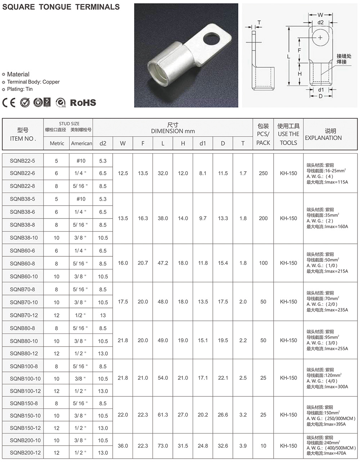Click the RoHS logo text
(x=83, y=103)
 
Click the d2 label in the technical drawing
(x=320, y=22)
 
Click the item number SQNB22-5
(x=22, y=161)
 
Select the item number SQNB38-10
(x=24, y=238)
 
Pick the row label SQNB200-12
(x=25, y=453)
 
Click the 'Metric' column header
(x=57, y=143)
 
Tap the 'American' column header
(x=81, y=143)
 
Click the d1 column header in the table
(x=203, y=143)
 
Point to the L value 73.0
(x=163, y=446)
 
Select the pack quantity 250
(x=263, y=173)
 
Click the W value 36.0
(x=123, y=446)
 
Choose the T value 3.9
(x=243, y=446)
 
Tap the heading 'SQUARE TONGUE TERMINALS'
(x=61, y=7)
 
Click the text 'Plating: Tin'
(x=20, y=89)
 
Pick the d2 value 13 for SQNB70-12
(x=103, y=315)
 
